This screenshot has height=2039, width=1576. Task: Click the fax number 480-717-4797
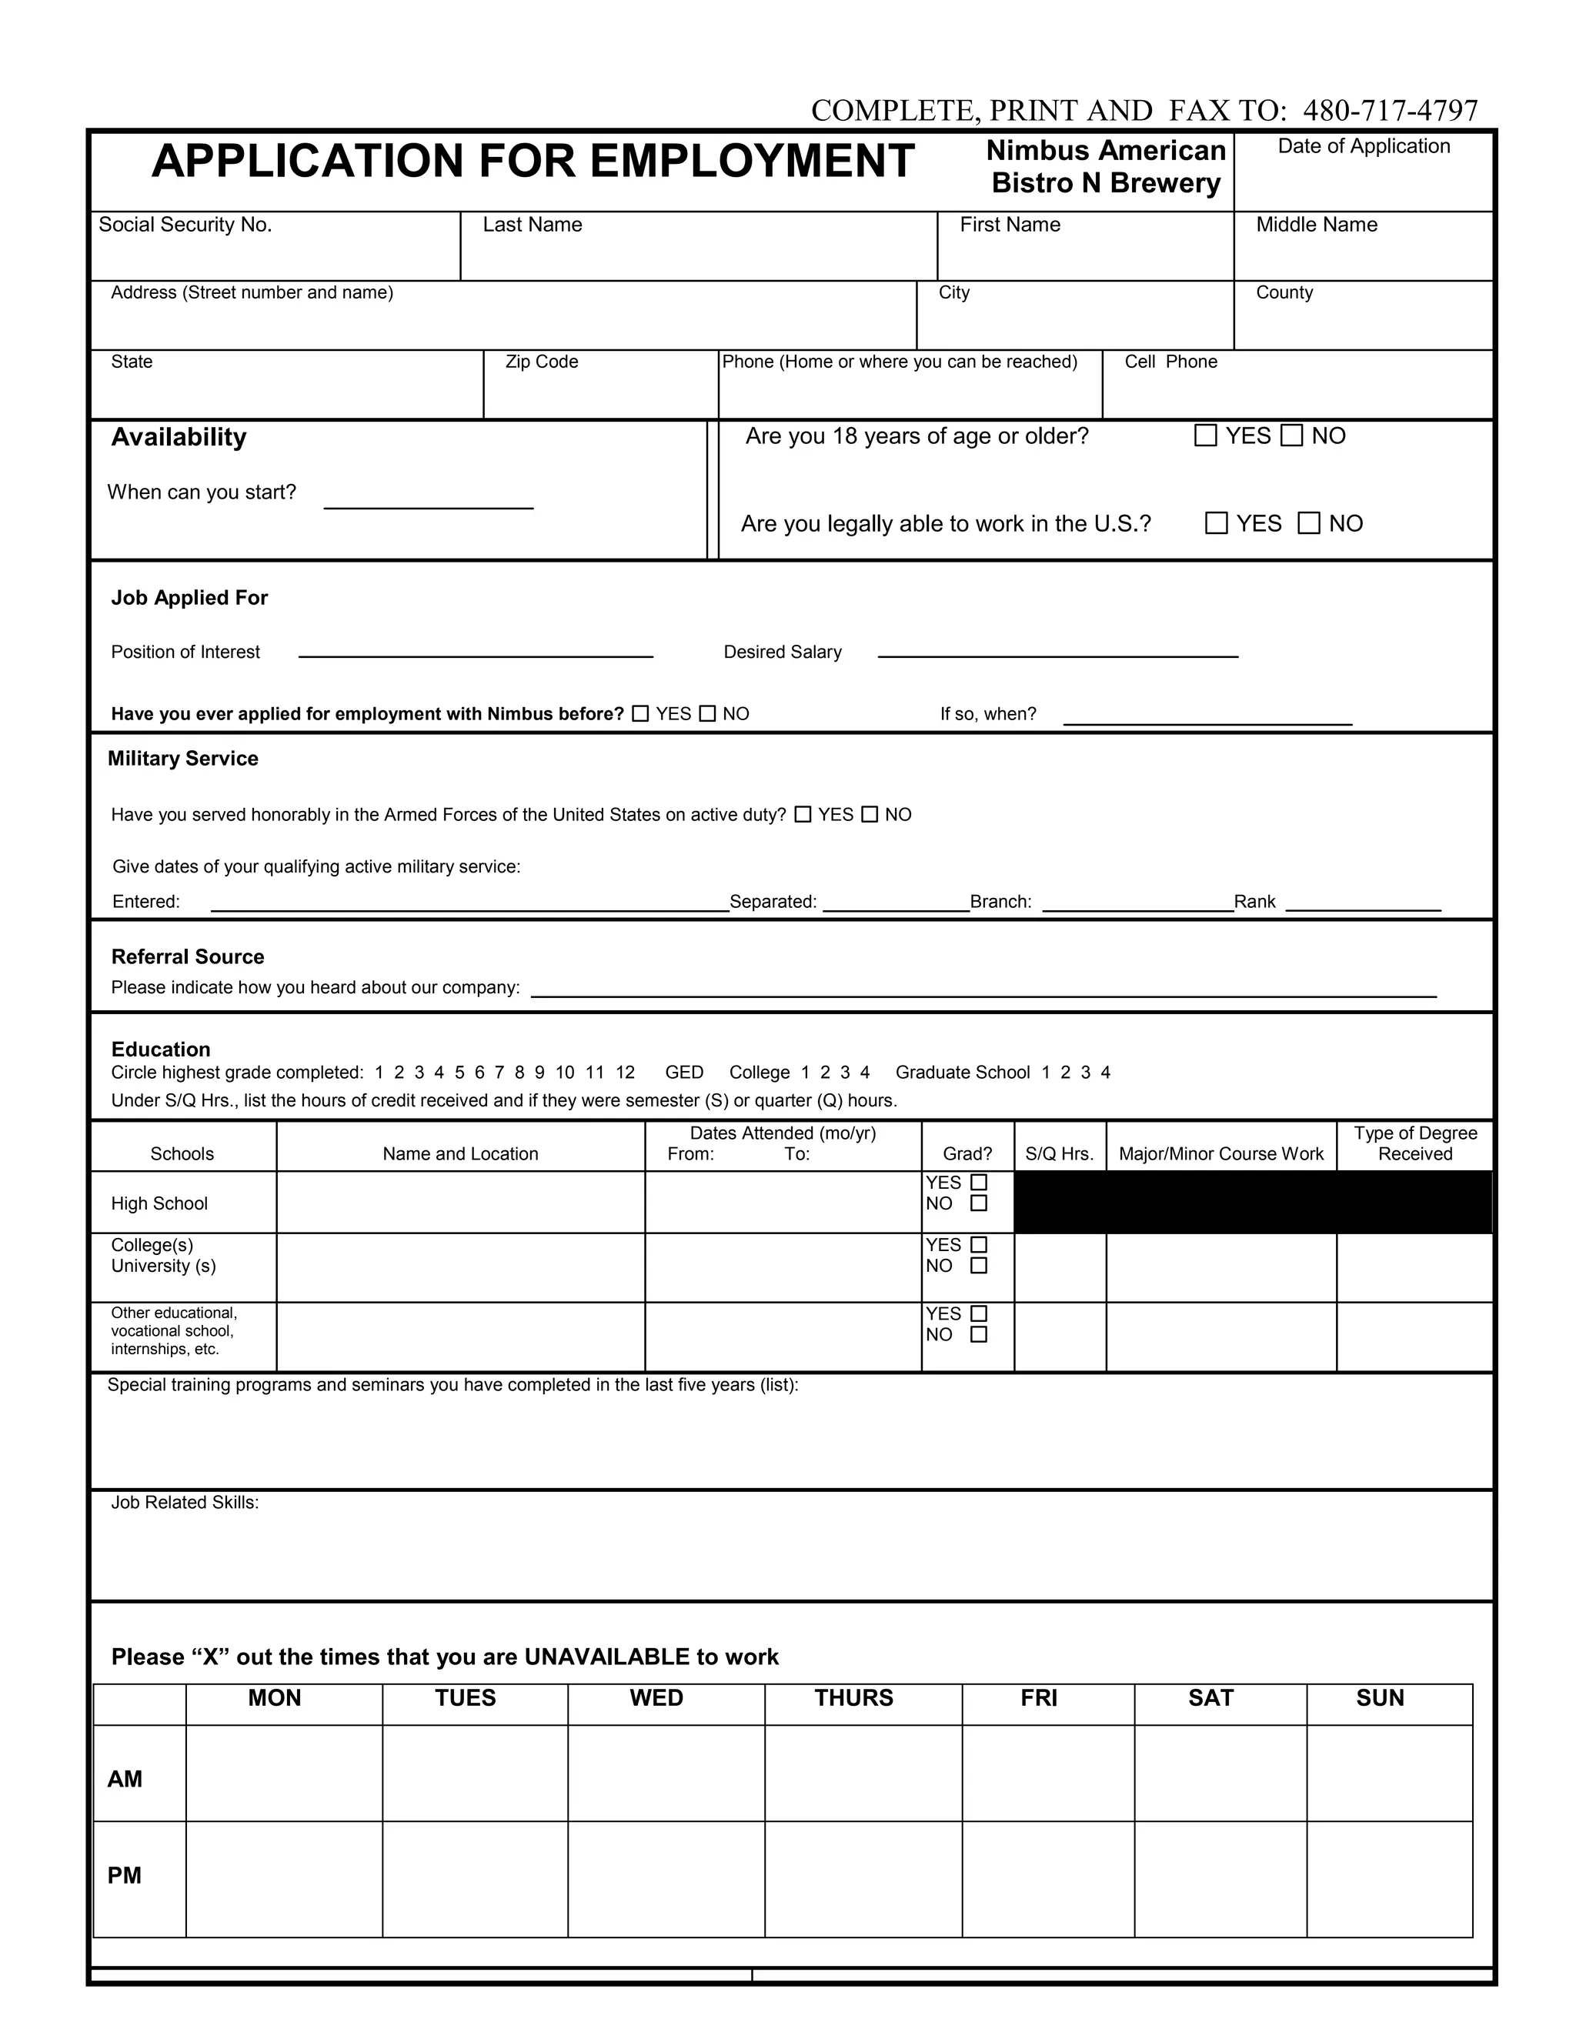tap(1389, 110)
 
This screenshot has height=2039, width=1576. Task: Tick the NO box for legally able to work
tap(1309, 522)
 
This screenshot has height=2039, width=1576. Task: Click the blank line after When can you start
tap(428, 500)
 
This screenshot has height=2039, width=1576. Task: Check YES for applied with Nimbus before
tap(640, 713)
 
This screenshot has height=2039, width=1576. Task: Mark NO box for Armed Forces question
tap(870, 814)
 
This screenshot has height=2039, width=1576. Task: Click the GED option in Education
tap(683, 1072)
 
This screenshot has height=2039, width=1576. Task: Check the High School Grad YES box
tap(979, 1182)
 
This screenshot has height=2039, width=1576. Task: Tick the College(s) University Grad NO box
tap(979, 1265)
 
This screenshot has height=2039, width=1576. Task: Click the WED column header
tap(656, 1697)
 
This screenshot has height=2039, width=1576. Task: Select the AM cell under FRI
tap(1047, 1771)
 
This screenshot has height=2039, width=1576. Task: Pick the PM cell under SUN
tap(1389, 1877)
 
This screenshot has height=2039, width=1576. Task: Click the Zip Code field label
tap(542, 362)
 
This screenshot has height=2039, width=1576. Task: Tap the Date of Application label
tap(1363, 145)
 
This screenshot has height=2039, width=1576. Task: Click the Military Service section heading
tap(183, 758)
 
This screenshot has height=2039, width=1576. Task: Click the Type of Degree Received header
tap(1414, 1143)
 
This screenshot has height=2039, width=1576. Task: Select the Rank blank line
tap(1362, 903)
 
